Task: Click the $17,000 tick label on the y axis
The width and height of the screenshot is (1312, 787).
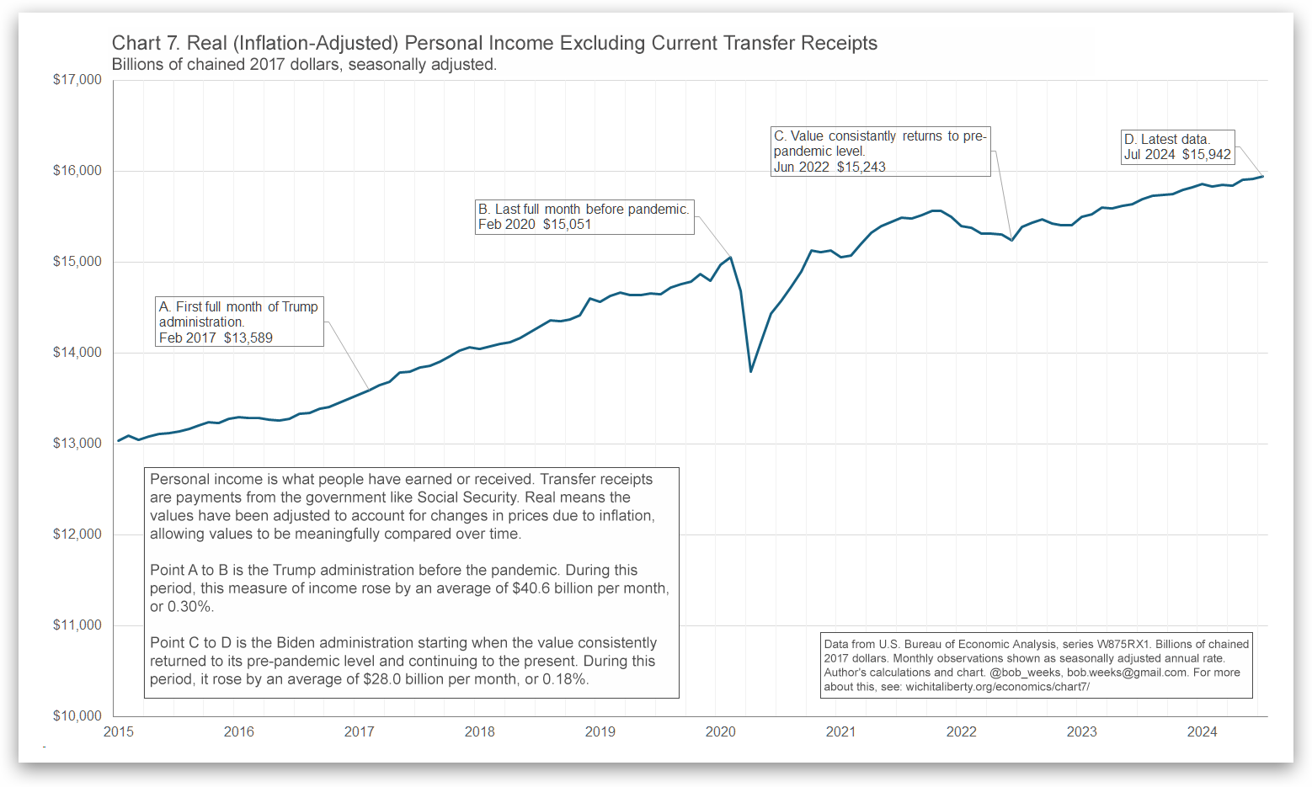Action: pyautogui.click(x=77, y=80)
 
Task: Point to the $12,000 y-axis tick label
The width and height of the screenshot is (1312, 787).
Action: pyautogui.click(x=77, y=534)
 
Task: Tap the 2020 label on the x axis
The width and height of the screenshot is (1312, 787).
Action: pyautogui.click(x=720, y=732)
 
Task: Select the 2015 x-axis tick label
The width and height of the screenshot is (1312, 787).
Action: pyautogui.click(x=118, y=732)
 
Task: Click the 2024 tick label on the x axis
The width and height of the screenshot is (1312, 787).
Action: pyautogui.click(x=1202, y=732)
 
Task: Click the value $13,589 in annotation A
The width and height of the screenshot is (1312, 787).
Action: pyautogui.click(x=248, y=338)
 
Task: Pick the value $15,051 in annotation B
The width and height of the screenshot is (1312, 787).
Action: pyautogui.click(x=567, y=225)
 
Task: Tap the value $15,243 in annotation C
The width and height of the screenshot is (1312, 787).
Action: pyautogui.click(x=861, y=168)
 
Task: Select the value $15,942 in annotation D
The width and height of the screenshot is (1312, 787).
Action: pyautogui.click(x=1206, y=155)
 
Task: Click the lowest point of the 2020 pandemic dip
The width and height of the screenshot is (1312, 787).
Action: pyautogui.click(x=750, y=371)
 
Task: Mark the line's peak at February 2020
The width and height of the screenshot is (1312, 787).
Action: pyautogui.click(x=730, y=258)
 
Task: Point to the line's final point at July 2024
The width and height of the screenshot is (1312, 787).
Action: pyautogui.click(x=1262, y=176)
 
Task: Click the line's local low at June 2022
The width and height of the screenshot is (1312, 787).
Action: pyautogui.click(x=1011, y=241)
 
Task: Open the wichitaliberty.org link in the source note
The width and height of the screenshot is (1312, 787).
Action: pyautogui.click(x=997, y=687)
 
